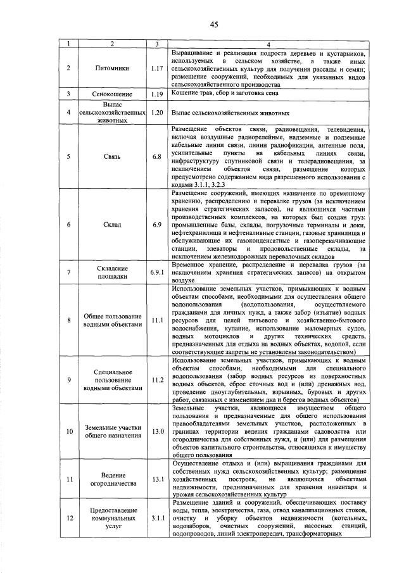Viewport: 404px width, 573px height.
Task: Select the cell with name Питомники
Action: (x=112, y=66)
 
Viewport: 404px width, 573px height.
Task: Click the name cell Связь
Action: (x=112, y=156)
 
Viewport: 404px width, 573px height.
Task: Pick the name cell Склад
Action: (x=112, y=224)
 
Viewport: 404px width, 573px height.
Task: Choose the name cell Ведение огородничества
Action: (x=112, y=479)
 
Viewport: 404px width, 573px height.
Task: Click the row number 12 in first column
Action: (x=68, y=517)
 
